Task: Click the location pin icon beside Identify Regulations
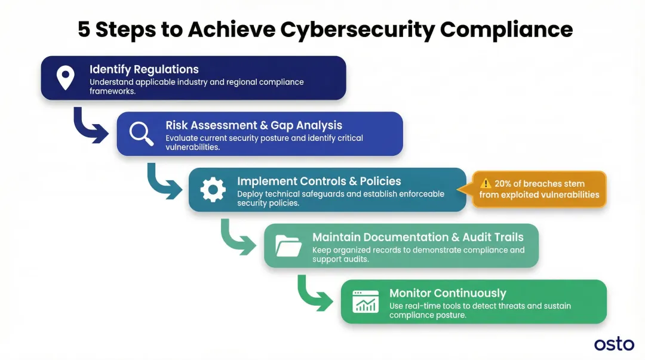click(x=65, y=78)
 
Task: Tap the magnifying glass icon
click(x=141, y=134)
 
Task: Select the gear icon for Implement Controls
click(x=213, y=190)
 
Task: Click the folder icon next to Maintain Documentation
click(x=288, y=245)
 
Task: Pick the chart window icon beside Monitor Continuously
click(x=365, y=301)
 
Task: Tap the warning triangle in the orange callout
click(x=486, y=184)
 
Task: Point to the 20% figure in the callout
click(x=504, y=184)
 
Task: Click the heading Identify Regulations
click(x=144, y=69)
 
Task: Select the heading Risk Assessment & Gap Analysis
click(x=254, y=125)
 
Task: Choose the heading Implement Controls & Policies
click(x=319, y=181)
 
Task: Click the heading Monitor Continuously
click(x=447, y=293)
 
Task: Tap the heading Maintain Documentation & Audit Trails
click(x=417, y=237)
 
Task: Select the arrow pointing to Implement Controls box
click(x=164, y=183)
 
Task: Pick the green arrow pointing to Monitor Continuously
click(x=314, y=294)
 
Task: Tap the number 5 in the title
click(x=84, y=29)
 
